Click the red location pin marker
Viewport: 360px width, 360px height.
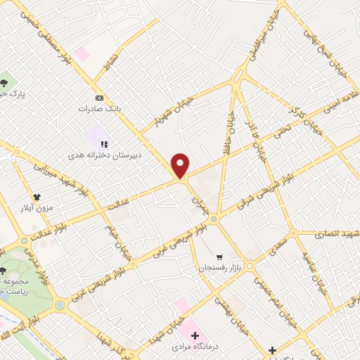click(181, 165)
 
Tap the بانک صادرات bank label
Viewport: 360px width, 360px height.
click(100, 110)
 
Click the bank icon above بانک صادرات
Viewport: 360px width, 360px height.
click(99, 98)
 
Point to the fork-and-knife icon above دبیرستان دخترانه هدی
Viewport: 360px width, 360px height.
click(104, 144)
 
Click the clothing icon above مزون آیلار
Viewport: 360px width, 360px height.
click(37, 197)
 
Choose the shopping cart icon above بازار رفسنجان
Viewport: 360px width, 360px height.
click(220, 257)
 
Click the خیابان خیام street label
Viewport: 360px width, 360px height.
click(112, 236)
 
